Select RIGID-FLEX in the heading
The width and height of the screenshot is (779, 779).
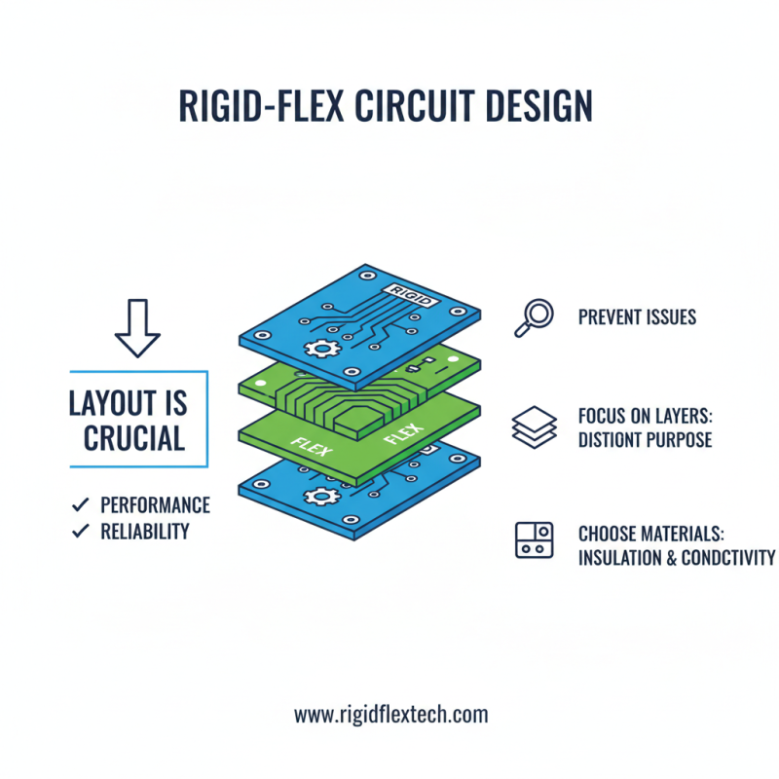262,107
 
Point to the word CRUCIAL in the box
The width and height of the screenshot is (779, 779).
134,439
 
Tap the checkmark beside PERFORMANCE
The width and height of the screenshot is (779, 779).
79,504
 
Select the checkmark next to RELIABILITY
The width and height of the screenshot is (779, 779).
79,532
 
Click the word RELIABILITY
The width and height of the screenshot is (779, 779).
145,532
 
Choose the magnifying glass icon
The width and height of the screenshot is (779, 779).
533,316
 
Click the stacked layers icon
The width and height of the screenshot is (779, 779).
534,427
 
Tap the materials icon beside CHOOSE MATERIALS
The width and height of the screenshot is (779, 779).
534,539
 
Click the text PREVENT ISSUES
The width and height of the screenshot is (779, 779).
637,317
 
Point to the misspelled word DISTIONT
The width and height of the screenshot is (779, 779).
611,440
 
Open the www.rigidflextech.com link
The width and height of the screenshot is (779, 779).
390,715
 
